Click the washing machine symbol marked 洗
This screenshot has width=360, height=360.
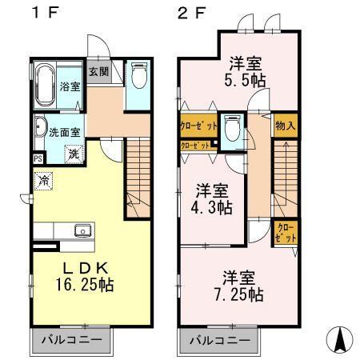pos(73,153)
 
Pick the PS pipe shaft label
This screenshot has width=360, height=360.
pos(38,158)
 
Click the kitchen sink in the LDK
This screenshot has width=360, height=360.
pos(82,231)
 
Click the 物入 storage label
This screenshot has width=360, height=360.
pos(285,126)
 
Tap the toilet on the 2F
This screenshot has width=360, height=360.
pos(233,129)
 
